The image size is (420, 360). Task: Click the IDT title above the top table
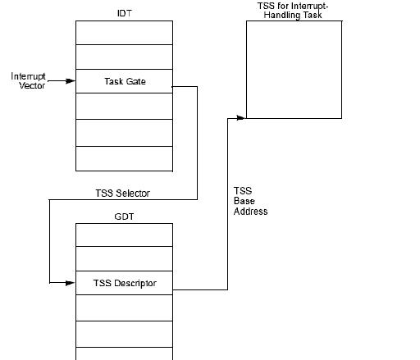click(125, 13)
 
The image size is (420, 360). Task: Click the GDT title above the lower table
click(124, 216)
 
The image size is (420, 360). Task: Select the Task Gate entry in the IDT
click(124, 81)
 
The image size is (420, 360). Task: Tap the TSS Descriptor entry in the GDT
click(124, 283)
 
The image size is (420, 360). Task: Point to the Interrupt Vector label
click(28, 80)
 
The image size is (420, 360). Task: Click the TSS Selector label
click(122, 194)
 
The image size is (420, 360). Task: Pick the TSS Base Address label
click(250, 201)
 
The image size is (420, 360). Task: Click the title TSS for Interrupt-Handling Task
click(293, 11)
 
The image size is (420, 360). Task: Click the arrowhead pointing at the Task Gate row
click(71, 81)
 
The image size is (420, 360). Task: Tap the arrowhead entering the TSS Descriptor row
click(71, 283)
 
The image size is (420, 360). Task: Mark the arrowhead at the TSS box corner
click(241, 118)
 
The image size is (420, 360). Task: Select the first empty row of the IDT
click(124, 33)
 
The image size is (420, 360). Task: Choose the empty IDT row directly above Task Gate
click(124, 57)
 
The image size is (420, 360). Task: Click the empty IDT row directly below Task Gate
click(124, 106)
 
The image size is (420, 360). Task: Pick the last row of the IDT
click(124, 159)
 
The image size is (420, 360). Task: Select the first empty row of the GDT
click(124, 235)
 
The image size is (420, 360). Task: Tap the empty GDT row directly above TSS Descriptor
click(124, 258)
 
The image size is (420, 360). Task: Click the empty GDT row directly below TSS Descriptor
click(124, 308)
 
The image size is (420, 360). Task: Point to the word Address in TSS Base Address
click(250, 212)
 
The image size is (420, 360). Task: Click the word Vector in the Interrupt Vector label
click(32, 85)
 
